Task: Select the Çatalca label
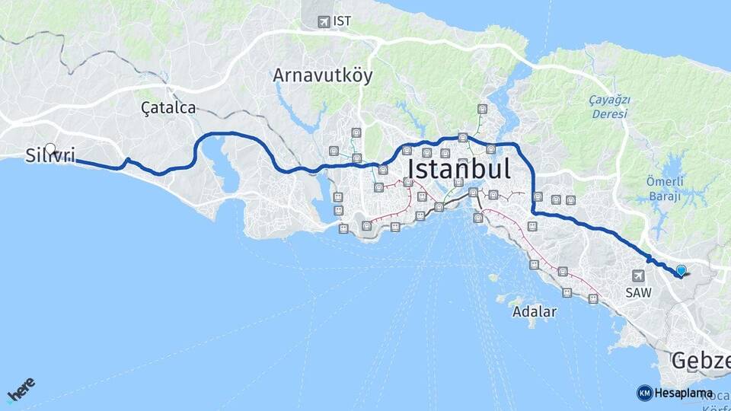[x=168, y=108]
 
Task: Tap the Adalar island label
[x=535, y=311]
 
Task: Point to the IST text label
[x=343, y=21]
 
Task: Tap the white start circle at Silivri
[x=50, y=148]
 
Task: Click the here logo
[x=21, y=389]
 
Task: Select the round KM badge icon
[x=644, y=393]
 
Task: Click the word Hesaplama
[x=684, y=393]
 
